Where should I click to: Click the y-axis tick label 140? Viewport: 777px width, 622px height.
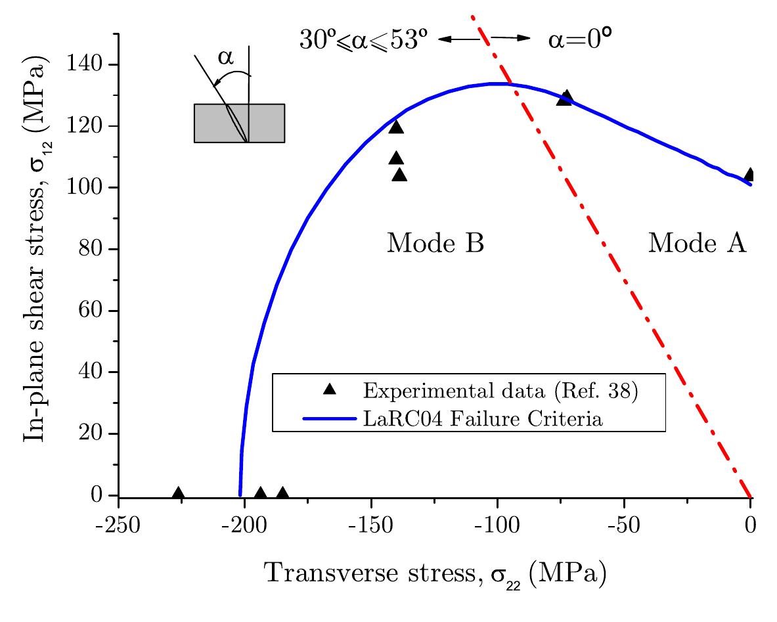(x=87, y=64)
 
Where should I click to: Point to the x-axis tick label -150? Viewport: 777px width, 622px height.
(x=370, y=525)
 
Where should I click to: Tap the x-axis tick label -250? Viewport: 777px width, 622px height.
(x=118, y=525)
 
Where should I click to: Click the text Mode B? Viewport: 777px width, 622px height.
(x=435, y=244)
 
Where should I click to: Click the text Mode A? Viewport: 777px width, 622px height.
(x=697, y=244)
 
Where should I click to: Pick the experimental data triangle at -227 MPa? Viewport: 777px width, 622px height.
(x=178, y=494)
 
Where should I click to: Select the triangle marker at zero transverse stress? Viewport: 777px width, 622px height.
(x=749, y=175)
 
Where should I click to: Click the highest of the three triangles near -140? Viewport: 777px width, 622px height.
(x=396, y=127)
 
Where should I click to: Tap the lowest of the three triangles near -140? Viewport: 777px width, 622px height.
(x=399, y=175)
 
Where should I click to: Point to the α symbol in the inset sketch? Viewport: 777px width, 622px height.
(x=225, y=58)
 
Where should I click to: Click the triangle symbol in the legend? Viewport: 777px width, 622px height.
(x=330, y=389)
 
